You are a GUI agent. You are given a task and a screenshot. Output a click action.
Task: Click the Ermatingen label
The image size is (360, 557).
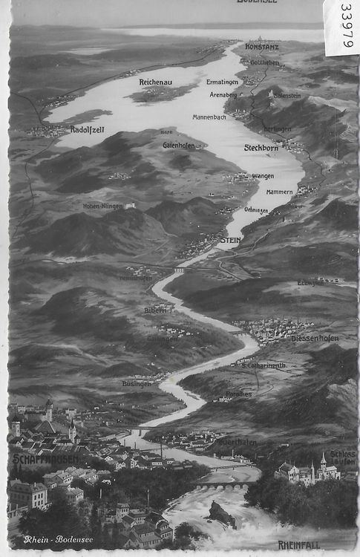[223, 82]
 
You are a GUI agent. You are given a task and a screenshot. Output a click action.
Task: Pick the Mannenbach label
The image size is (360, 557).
[209, 117]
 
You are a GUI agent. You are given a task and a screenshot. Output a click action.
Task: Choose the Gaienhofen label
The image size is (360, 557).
[179, 146]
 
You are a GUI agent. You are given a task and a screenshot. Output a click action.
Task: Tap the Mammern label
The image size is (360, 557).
[279, 192]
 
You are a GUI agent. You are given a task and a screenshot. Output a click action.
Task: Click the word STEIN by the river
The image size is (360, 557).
[231, 241]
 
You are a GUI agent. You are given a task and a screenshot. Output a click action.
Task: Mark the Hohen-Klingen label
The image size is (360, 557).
[102, 206]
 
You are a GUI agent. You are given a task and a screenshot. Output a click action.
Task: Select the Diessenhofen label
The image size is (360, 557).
[315, 338]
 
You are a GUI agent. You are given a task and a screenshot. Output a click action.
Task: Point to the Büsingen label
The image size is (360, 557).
[136, 383]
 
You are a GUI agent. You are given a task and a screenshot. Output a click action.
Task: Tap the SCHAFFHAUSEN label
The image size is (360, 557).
[36, 459]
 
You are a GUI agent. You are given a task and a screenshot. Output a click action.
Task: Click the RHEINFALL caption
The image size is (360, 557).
[299, 544]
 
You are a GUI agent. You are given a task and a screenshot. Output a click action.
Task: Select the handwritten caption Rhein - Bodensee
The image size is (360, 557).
[59, 539]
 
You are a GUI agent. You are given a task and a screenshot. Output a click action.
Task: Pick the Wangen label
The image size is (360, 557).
[263, 176]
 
